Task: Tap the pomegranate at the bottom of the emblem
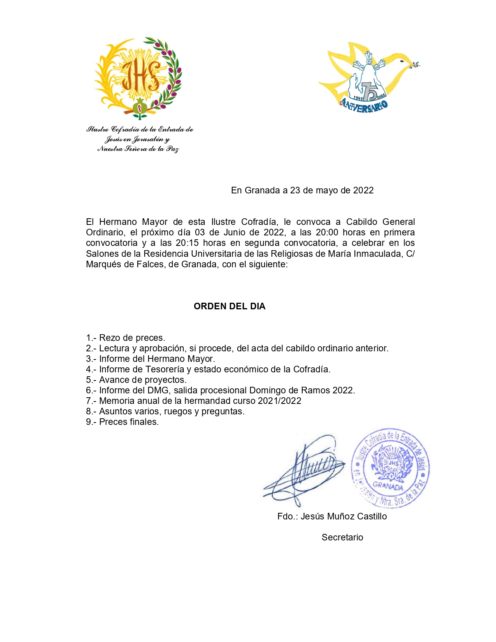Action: coord(140,106)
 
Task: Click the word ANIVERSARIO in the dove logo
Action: coord(364,106)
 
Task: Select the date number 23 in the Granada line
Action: coord(295,190)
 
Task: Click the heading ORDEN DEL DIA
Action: coord(230,306)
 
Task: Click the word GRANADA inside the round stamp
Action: coord(388,486)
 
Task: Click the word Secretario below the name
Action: coord(342,537)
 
